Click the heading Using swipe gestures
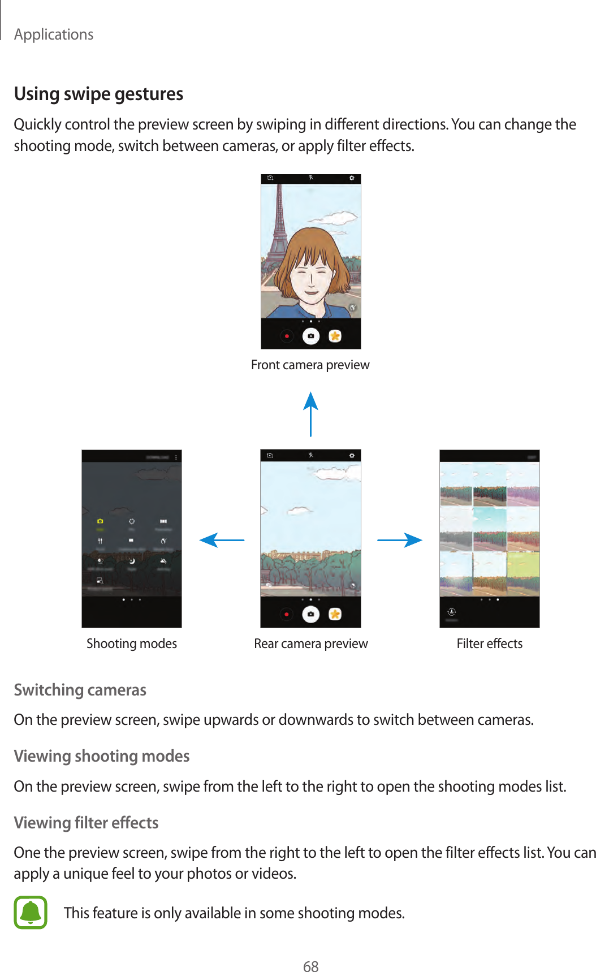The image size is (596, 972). (98, 94)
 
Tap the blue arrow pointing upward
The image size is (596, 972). (310, 413)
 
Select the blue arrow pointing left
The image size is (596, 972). (222, 540)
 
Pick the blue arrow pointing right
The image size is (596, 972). (400, 540)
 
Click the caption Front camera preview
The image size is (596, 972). (310, 365)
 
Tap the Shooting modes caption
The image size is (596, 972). (131, 643)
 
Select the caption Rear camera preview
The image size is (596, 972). (310, 643)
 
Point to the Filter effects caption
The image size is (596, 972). (489, 643)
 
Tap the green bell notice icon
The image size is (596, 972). (31, 912)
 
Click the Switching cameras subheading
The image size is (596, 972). (80, 690)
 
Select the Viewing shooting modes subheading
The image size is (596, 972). (101, 756)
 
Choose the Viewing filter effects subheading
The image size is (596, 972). (86, 822)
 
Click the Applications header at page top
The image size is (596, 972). (54, 34)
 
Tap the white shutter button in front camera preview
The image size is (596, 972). (310, 336)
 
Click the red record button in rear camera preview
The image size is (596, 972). (287, 614)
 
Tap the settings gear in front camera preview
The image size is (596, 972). (351, 178)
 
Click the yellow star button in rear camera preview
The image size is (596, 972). (335, 614)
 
